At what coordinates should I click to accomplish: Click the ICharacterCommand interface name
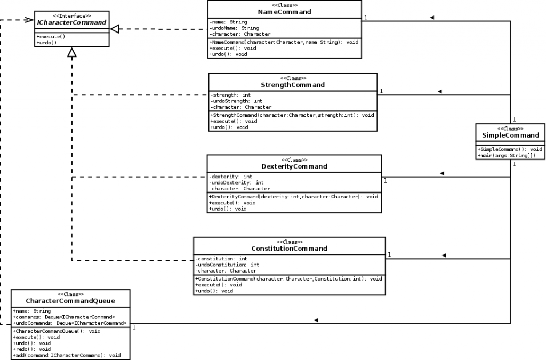click(x=71, y=23)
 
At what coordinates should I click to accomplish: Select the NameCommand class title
click(x=284, y=12)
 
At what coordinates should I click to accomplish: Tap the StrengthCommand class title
click(x=293, y=85)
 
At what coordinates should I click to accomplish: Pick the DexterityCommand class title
click(x=294, y=166)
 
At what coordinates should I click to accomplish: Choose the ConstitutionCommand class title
click(x=289, y=249)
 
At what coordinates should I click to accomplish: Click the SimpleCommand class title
click(x=510, y=135)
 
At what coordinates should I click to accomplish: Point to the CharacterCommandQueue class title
click(x=70, y=301)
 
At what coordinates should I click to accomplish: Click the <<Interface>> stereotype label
click(x=71, y=16)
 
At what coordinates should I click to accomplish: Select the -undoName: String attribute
click(x=235, y=28)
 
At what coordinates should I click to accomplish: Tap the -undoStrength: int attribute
click(x=237, y=101)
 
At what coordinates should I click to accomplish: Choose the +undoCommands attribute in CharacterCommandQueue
click(x=69, y=323)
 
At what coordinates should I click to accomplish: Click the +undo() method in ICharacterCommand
click(x=47, y=42)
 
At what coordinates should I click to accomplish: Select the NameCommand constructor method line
click(x=284, y=42)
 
